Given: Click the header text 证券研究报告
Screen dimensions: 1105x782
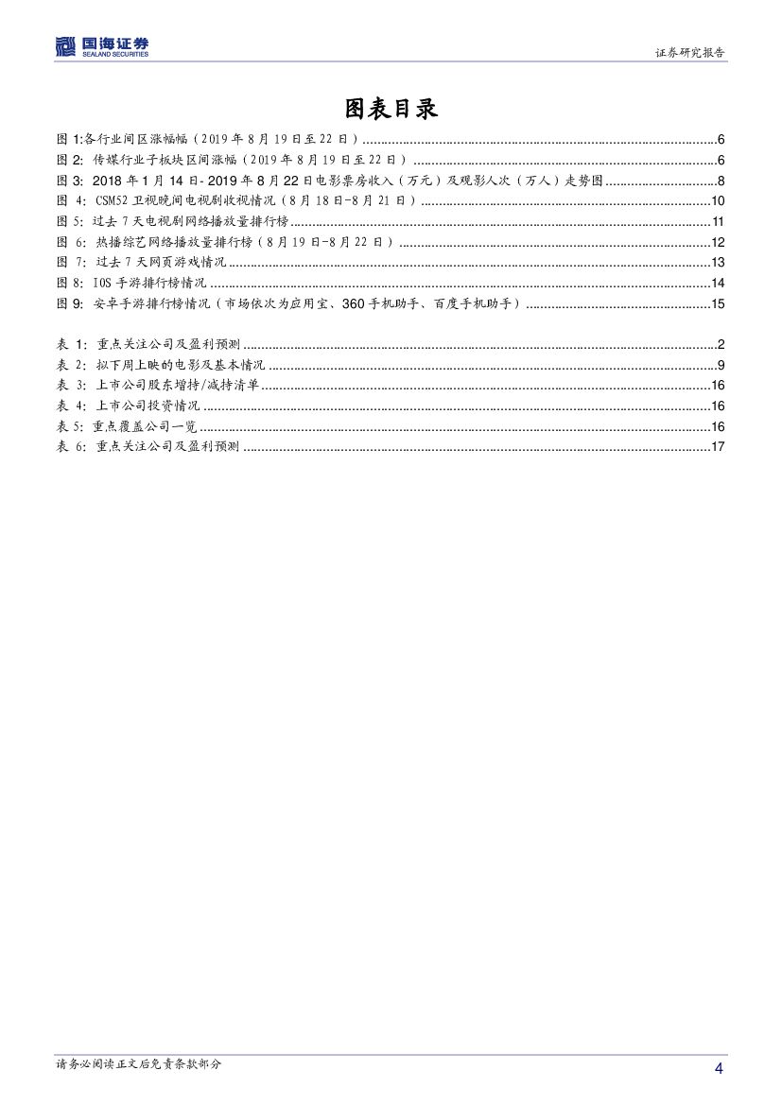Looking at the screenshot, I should (690, 53).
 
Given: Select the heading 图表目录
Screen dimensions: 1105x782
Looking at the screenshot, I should (391, 109).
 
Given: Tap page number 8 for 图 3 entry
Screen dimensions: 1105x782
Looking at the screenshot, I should (721, 181).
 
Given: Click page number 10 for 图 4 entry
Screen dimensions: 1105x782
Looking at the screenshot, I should (718, 200).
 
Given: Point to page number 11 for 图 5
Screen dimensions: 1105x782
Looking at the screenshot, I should (718, 221).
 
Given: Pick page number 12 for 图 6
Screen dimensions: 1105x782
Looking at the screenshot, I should (718, 242).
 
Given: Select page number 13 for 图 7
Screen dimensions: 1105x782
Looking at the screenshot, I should (718, 262).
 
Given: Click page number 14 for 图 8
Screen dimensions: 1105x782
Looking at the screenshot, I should (718, 283).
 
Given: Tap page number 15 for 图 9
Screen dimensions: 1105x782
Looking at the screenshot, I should (718, 303).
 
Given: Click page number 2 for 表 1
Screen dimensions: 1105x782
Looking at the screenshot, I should (721, 343).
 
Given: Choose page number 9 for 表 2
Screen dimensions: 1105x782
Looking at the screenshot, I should (721, 364).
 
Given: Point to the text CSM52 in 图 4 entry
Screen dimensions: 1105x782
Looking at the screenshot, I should (112, 200).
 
